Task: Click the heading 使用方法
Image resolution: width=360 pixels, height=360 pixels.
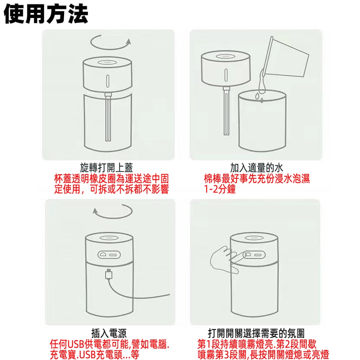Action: pos(46,14)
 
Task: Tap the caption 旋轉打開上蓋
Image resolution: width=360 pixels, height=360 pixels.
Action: pos(106,168)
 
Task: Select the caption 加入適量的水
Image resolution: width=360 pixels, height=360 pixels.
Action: pos(256,168)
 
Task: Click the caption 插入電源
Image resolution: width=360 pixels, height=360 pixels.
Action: pos(109,333)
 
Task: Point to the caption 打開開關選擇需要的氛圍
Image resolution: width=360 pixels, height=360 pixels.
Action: pos(256,333)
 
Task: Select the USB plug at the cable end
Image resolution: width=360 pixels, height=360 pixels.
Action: pos(109,274)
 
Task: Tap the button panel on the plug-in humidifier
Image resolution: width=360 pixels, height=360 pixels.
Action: pos(109,255)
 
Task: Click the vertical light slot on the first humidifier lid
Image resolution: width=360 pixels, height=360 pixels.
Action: pos(108,81)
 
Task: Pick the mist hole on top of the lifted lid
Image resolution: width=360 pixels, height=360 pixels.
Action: pos(226,56)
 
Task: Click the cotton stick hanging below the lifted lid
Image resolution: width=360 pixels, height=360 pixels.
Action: pos(226,111)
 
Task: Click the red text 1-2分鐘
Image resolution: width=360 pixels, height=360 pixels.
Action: pos(220,189)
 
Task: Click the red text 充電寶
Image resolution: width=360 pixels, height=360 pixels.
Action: pos(62,354)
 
